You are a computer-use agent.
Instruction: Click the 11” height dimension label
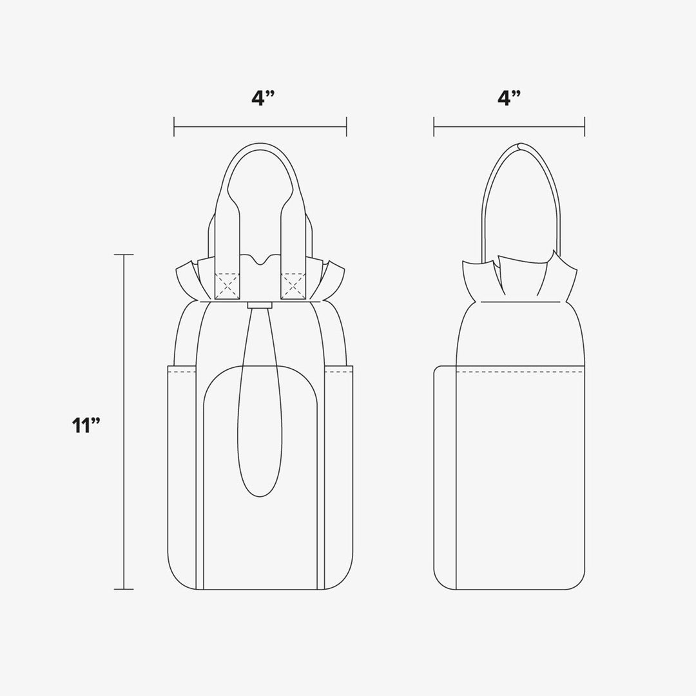86,425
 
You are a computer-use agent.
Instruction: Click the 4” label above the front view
263,98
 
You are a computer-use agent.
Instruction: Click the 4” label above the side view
509,98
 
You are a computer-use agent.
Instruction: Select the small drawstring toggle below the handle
260,305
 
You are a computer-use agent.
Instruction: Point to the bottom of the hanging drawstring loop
260,496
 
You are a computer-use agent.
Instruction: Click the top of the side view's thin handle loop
520,146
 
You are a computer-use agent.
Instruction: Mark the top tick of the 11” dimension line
123,255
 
